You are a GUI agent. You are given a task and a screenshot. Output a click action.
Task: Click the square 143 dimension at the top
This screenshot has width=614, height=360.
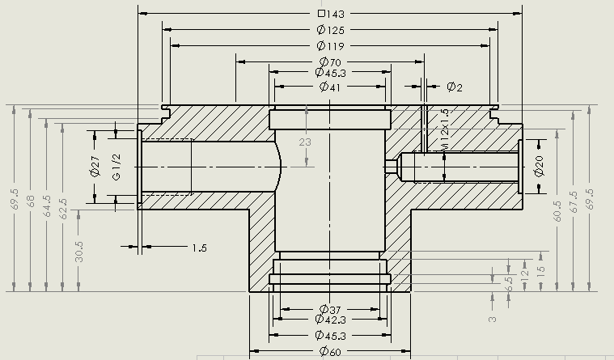[332, 14]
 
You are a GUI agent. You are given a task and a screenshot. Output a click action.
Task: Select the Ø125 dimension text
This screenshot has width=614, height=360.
[332, 30]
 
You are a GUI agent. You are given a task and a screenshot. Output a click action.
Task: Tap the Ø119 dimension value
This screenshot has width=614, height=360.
[332, 45]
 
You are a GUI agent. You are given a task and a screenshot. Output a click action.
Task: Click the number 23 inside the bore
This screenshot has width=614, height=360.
[305, 142]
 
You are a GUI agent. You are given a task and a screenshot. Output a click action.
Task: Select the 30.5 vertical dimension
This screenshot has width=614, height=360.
[78, 250]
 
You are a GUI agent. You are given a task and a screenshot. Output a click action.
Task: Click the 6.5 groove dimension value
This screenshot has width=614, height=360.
[509, 284]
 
